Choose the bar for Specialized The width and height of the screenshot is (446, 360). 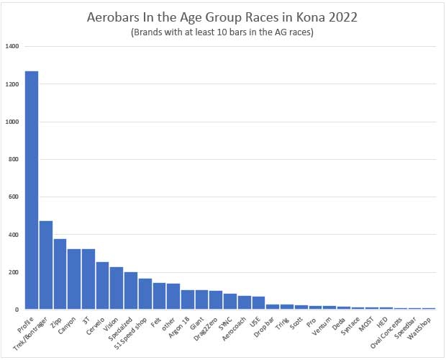pos(131,291)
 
